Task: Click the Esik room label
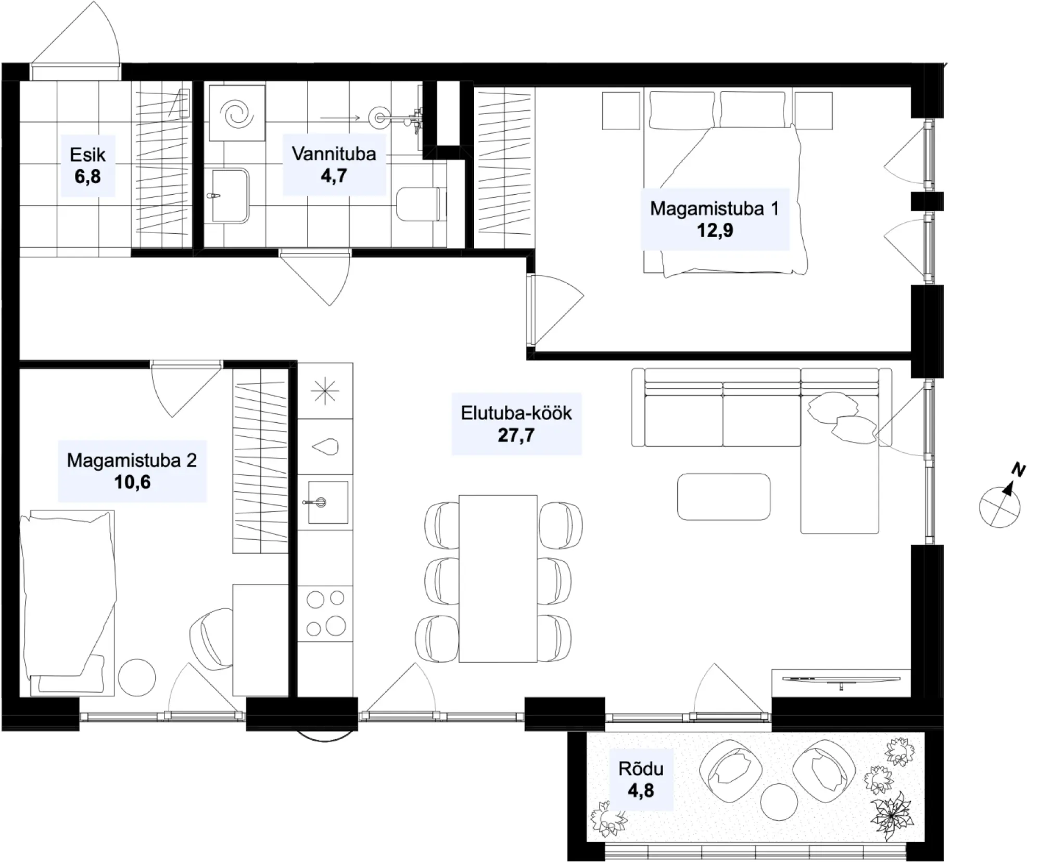click(x=87, y=154)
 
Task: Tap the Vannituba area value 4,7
click(x=334, y=176)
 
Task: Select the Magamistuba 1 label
click(x=714, y=208)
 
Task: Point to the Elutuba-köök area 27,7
click(x=516, y=435)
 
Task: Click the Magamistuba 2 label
click(x=132, y=460)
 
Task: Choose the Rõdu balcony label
click(x=641, y=769)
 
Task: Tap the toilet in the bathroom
click(x=421, y=204)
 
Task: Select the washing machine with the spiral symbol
click(x=237, y=113)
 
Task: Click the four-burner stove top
click(x=325, y=613)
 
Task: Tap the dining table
click(x=498, y=578)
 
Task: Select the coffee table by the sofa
click(x=723, y=497)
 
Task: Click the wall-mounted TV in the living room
click(x=841, y=680)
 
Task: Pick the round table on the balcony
click(x=779, y=802)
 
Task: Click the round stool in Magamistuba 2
click(x=137, y=678)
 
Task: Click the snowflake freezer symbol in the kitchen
click(x=325, y=391)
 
